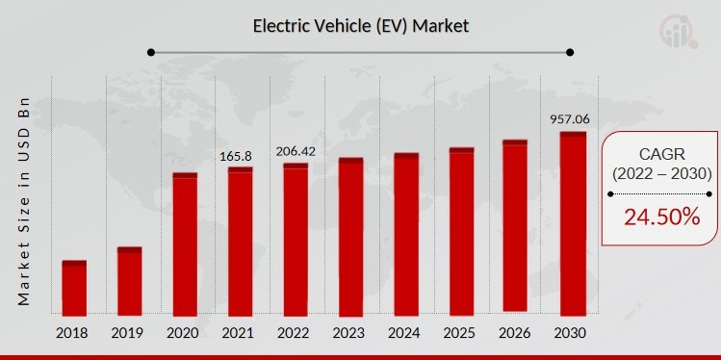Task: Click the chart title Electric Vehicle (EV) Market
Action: point(360,26)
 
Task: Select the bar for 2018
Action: point(74,288)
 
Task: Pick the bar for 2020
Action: point(185,244)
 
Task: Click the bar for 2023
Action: point(350,237)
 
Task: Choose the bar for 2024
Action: point(406,235)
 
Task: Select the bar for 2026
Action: point(516,227)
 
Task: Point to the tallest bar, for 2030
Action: point(573,223)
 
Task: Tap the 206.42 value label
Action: point(296,151)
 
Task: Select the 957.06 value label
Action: point(570,118)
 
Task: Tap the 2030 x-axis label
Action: point(572,332)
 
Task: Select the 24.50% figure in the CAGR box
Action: point(661,218)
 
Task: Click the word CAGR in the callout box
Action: point(661,154)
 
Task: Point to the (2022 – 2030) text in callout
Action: point(661,174)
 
